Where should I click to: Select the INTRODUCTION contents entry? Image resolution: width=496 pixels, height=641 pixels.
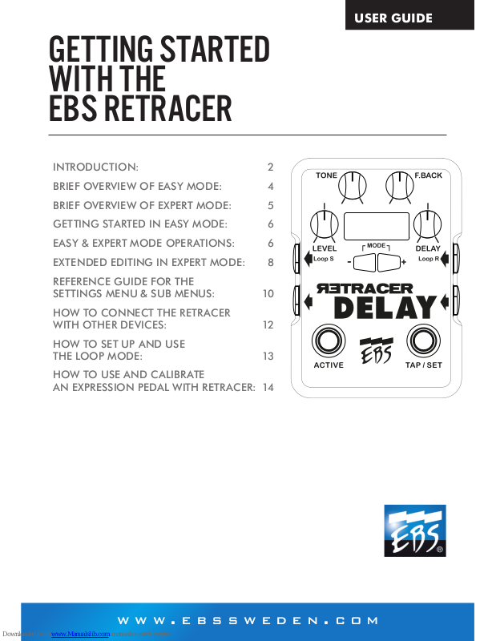[95, 167]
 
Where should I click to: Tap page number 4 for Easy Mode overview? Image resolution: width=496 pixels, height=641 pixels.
[271, 186]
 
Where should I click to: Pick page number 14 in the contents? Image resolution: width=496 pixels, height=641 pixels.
[268, 387]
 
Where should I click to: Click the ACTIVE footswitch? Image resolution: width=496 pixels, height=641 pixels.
[327, 341]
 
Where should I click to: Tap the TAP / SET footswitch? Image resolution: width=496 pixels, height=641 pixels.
[421, 341]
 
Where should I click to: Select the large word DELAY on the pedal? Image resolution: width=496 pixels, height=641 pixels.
[385, 308]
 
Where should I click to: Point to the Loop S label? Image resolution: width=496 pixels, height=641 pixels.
[323, 259]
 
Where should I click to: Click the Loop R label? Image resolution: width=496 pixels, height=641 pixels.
[429, 259]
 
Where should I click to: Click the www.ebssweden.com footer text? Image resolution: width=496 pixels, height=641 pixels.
[248, 621]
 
